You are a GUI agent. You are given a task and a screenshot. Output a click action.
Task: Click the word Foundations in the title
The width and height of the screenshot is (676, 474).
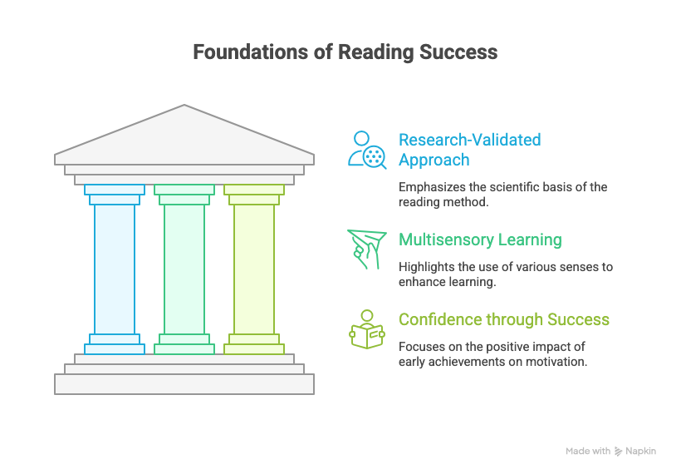pyautogui.click(x=251, y=52)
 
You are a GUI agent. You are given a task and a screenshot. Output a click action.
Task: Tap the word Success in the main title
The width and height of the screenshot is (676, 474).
pyautogui.click(x=458, y=52)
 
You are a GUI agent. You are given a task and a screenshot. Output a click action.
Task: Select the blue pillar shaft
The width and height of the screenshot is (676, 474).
pyautogui.click(x=115, y=269)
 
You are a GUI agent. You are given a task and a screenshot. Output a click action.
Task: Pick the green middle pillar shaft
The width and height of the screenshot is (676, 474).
pyautogui.click(x=184, y=269)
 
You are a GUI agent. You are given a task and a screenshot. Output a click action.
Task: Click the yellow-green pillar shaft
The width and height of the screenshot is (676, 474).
pyautogui.click(x=254, y=269)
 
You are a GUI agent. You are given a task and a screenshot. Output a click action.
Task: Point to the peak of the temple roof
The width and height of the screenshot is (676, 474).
pyautogui.click(x=184, y=105)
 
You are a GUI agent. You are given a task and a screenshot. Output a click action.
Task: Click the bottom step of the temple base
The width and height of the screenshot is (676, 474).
pyautogui.click(x=184, y=384)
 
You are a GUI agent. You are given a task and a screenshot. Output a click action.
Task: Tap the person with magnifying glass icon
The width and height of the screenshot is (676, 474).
pyautogui.click(x=367, y=150)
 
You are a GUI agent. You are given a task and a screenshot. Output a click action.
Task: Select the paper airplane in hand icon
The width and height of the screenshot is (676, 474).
pyautogui.click(x=366, y=249)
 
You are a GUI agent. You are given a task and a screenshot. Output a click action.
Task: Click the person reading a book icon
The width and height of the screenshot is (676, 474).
pyautogui.click(x=367, y=329)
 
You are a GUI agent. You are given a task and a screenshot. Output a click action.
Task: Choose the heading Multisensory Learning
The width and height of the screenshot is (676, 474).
pyautogui.click(x=480, y=239)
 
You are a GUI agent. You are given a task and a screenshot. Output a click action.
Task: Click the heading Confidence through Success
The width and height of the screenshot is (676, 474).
pyautogui.click(x=504, y=319)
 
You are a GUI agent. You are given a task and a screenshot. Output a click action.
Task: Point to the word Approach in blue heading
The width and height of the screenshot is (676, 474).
pyautogui.click(x=434, y=160)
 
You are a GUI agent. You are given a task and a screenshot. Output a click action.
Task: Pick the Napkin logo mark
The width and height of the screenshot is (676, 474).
pyautogui.click(x=618, y=451)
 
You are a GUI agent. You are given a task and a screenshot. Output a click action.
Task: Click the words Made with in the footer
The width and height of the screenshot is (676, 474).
pyautogui.click(x=588, y=451)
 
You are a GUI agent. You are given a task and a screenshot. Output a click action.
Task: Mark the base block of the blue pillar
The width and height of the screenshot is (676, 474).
pyautogui.click(x=115, y=349)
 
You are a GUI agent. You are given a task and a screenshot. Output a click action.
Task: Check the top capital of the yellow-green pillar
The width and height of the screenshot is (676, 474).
pyautogui.click(x=254, y=190)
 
